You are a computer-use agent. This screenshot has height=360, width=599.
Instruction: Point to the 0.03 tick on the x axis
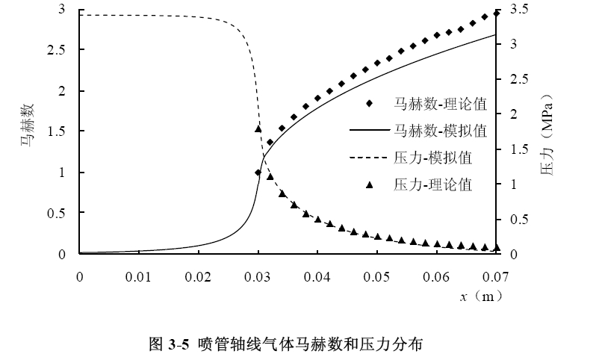click(258, 277)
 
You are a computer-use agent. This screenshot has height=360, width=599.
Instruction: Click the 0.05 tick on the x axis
click(377, 277)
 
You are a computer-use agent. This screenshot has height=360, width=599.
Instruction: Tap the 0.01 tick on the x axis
click(139, 277)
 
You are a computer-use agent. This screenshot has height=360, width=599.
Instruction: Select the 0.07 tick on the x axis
click(496, 277)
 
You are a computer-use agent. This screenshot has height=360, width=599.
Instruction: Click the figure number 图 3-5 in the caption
click(170, 344)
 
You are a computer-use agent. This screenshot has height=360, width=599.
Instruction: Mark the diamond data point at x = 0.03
click(258, 173)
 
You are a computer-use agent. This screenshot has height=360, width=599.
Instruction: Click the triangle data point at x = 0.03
click(258, 128)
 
